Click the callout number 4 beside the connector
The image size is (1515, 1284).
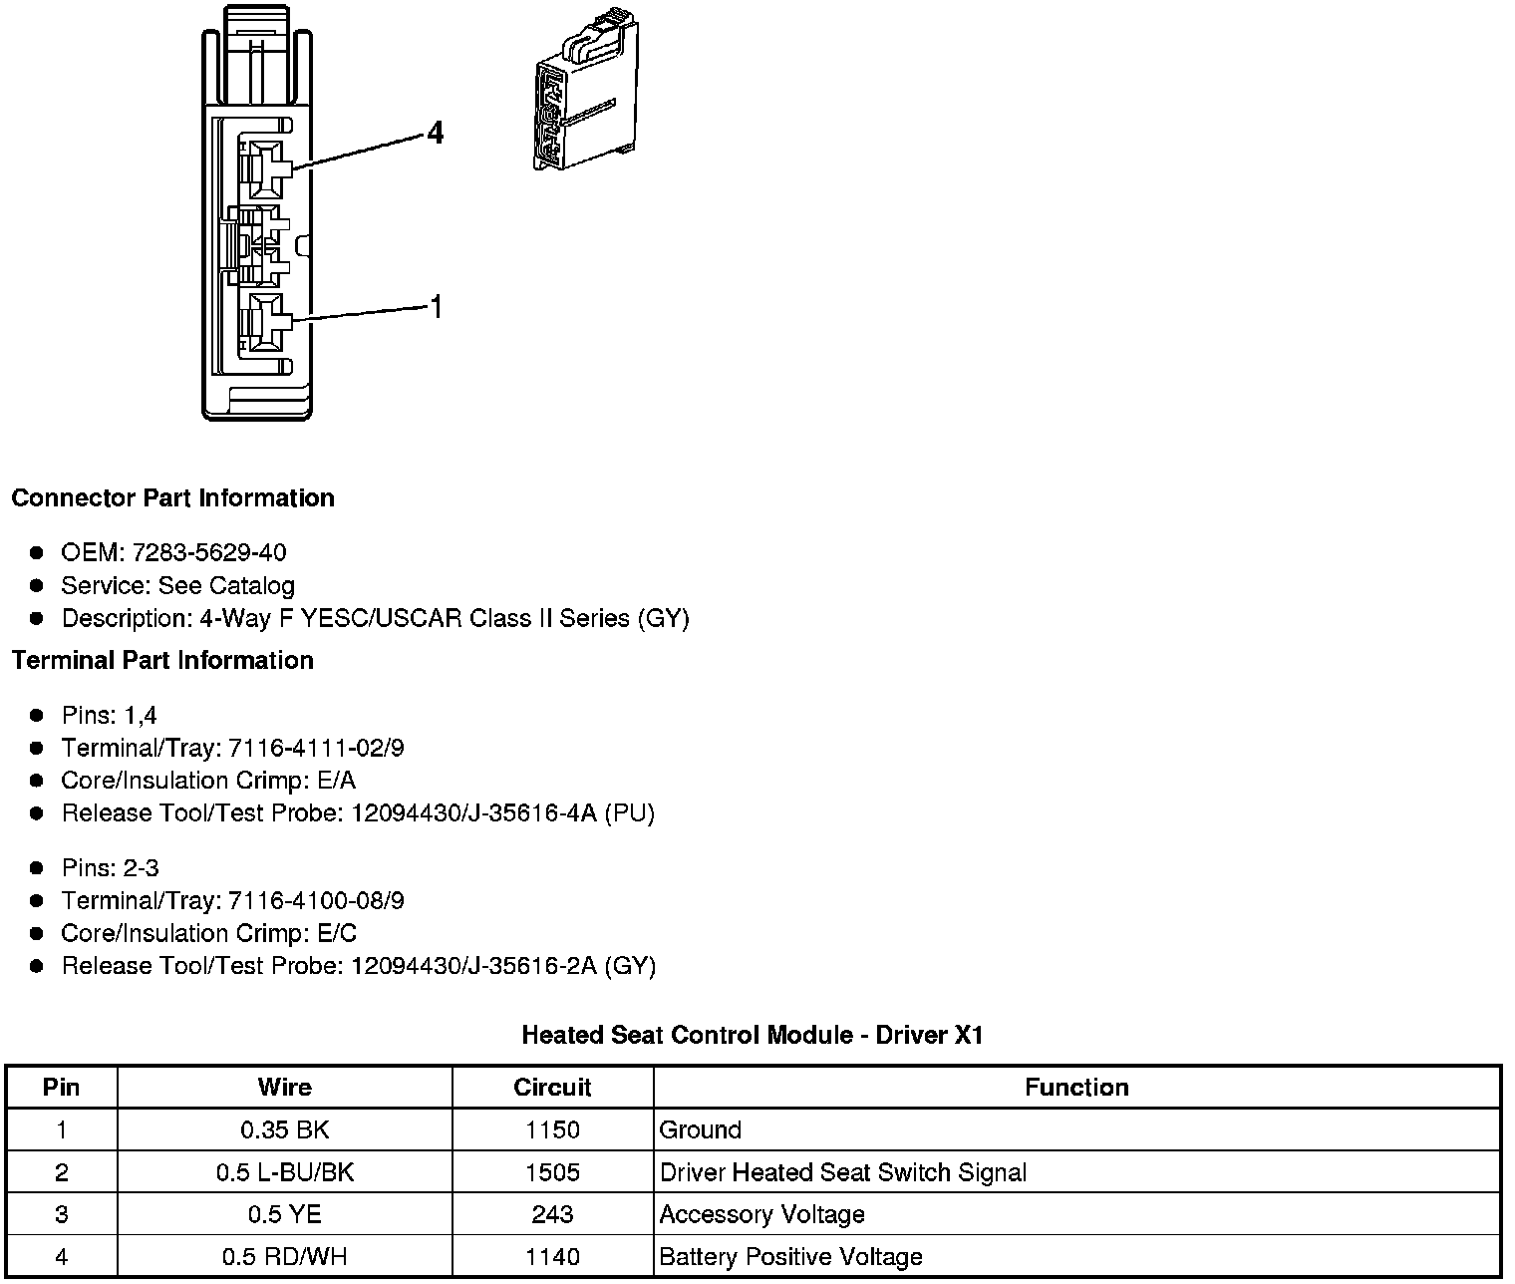point(435,133)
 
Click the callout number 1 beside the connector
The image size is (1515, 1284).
point(435,307)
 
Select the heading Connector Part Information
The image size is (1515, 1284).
point(172,498)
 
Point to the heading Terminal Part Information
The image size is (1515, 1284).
point(162,661)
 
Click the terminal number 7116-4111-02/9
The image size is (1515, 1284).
point(316,749)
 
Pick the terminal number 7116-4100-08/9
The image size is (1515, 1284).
point(316,901)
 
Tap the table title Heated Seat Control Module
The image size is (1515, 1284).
point(753,1036)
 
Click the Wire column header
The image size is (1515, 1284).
point(284,1088)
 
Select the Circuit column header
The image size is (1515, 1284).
point(552,1088)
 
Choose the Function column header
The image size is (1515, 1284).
point(1076,1088)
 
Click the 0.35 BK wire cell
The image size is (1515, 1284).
point(284,1130)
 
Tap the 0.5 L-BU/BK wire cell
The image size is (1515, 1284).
point(284,1173)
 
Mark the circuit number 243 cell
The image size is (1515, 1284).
point(552,1215)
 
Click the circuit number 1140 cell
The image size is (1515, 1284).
point(552,1258)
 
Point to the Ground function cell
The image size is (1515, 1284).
point(701,1130)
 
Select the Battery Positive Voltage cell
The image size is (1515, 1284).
point(791,1258)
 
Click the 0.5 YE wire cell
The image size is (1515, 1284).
point(284,1215)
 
